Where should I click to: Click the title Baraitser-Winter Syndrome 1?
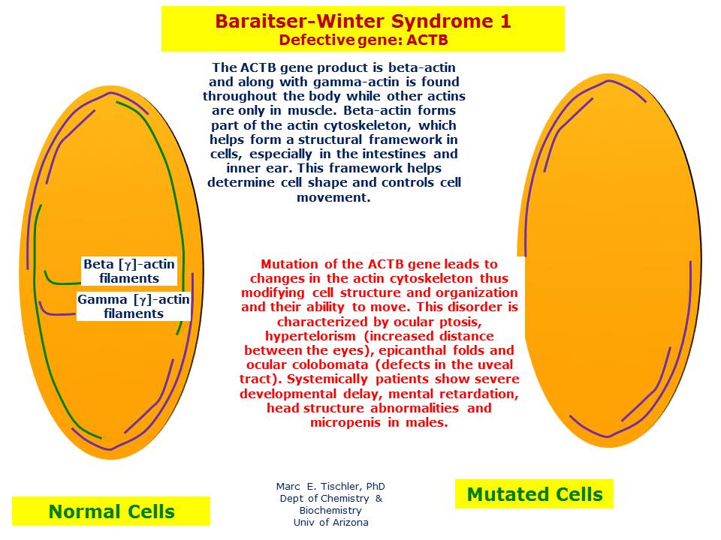coord(363,21)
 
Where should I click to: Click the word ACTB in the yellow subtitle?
coord(427,40)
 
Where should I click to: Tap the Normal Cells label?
coord(111,511)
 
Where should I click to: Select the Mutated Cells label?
coord(534,494)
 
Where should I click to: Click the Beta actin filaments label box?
coord(129,271)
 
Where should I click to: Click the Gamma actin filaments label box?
coord(134,306)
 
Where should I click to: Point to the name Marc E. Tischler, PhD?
coord(330,486)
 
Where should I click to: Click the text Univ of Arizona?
coord(330,522)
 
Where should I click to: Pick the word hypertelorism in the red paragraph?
coord(310,336)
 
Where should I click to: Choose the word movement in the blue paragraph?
coord(333,197)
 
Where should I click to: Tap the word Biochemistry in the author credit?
coord(330,510)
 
